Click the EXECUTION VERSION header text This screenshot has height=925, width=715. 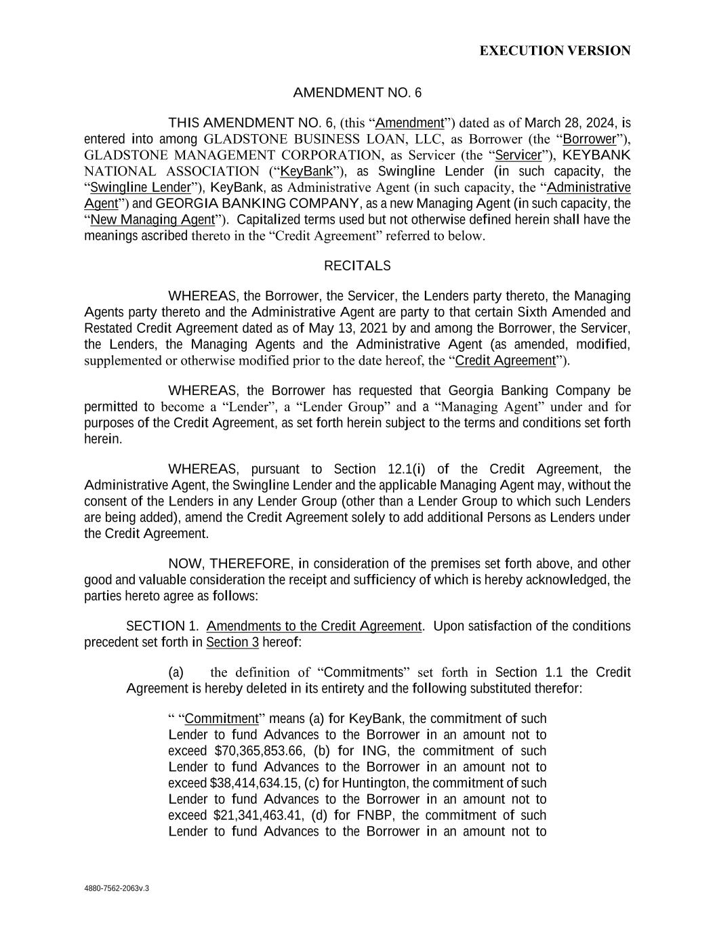tap(555, 51)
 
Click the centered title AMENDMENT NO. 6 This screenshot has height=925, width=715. tap(357, 93)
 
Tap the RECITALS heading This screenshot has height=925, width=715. tap(357, 266)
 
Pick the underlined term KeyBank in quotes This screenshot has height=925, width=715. tap(306, 171)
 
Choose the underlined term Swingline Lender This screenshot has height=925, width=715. tap(140, 188)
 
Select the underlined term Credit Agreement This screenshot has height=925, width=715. tap(505, 361)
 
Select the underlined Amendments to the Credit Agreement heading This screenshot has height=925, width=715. tap(314, 626)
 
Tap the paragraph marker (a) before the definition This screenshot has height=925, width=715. tap(176, 672)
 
